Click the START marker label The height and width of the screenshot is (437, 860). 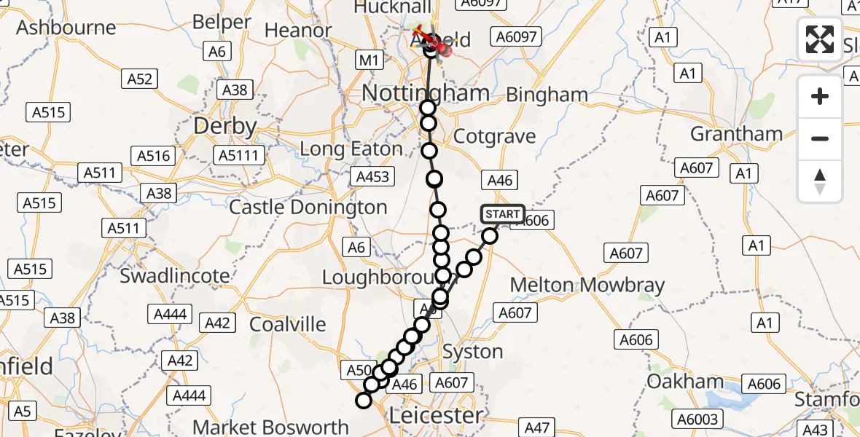[x=503, y=213]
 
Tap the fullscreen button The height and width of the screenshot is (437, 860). [x=820, y=39]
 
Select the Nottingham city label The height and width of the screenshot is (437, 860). [x=426, y=93]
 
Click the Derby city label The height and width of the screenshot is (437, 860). [x=224, y=127]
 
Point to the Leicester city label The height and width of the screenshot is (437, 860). [x=436, y=416]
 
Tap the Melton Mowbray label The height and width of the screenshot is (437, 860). [x=587, y=285]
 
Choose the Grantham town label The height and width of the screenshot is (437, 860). [x=736, y=134]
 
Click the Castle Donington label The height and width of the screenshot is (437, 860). [x=308, y=208]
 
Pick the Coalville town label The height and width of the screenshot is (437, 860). [x=288, y=323]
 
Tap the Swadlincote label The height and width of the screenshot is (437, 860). [x=175, y=276]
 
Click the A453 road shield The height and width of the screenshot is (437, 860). [x=372, y=176]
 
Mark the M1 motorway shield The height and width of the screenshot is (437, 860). [x=370, y=60]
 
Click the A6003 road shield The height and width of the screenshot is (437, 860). [x=699, y=418]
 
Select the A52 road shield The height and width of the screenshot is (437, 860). [x=139, y=78]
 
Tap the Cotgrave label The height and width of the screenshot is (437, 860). [x=494, y=136]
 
